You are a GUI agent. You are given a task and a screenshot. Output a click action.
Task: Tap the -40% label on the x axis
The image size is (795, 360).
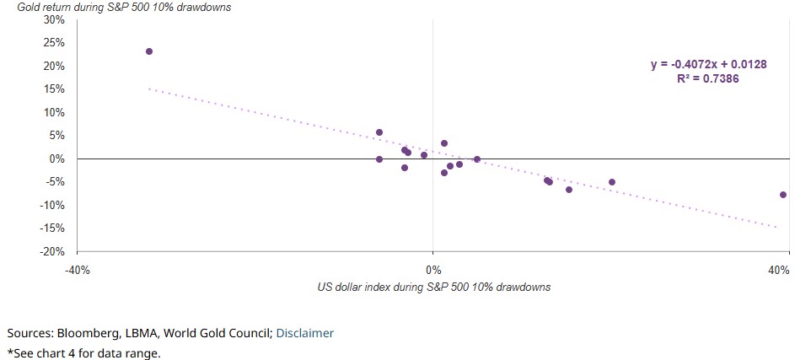coord(77,270)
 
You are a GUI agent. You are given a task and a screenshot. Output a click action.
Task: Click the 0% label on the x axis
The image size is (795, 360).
coord(432,270)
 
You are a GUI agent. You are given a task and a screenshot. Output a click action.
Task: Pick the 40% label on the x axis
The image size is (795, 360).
coord(778,270)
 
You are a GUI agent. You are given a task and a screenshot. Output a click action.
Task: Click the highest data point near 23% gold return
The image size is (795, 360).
coord(149,51)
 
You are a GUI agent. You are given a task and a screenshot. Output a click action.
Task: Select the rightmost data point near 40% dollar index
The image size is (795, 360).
coord(783,195)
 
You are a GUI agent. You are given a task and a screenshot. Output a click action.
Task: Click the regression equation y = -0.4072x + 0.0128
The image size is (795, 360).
coord(708,64)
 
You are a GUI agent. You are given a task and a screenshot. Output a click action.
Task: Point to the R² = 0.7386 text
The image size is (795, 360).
coord(708,78)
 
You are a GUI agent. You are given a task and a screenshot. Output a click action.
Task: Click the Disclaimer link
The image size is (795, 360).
coord(304,333)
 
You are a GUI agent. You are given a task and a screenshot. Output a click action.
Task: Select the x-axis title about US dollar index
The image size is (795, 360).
coord(433,287)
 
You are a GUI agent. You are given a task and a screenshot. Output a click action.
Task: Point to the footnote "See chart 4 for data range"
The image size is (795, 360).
coord(83,352)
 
